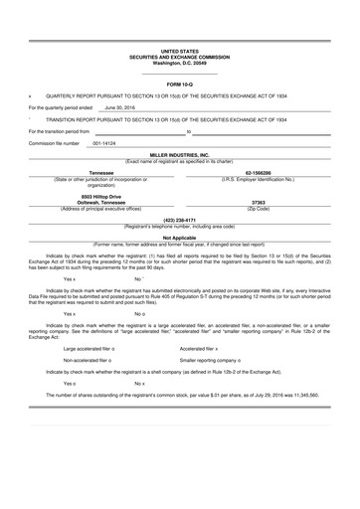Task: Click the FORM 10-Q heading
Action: [180, 85]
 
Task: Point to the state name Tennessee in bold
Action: [94, 171]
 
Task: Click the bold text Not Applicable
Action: [180, 238]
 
